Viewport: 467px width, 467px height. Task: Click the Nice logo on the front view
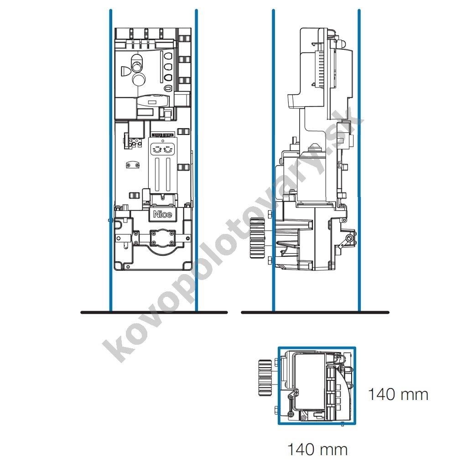point(162,214)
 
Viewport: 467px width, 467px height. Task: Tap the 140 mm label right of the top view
point(398,394)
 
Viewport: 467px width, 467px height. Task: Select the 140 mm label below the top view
point(317,449)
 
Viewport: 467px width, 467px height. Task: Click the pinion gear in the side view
point(257,238)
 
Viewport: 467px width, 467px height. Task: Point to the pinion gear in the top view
point(265,378)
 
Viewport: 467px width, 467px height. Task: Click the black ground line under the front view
point(154,312)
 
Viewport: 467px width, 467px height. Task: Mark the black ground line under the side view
point(315,312)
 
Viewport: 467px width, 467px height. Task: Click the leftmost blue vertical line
point(111,160)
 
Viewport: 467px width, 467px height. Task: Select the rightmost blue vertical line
point(359,160)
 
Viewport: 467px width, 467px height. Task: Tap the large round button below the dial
point(138,79)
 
